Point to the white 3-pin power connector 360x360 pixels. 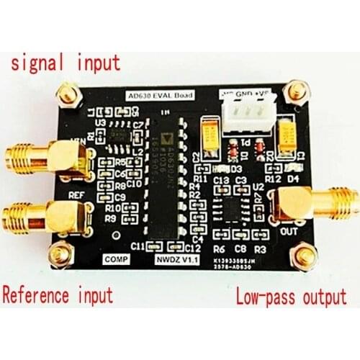[x=242, y=115]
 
